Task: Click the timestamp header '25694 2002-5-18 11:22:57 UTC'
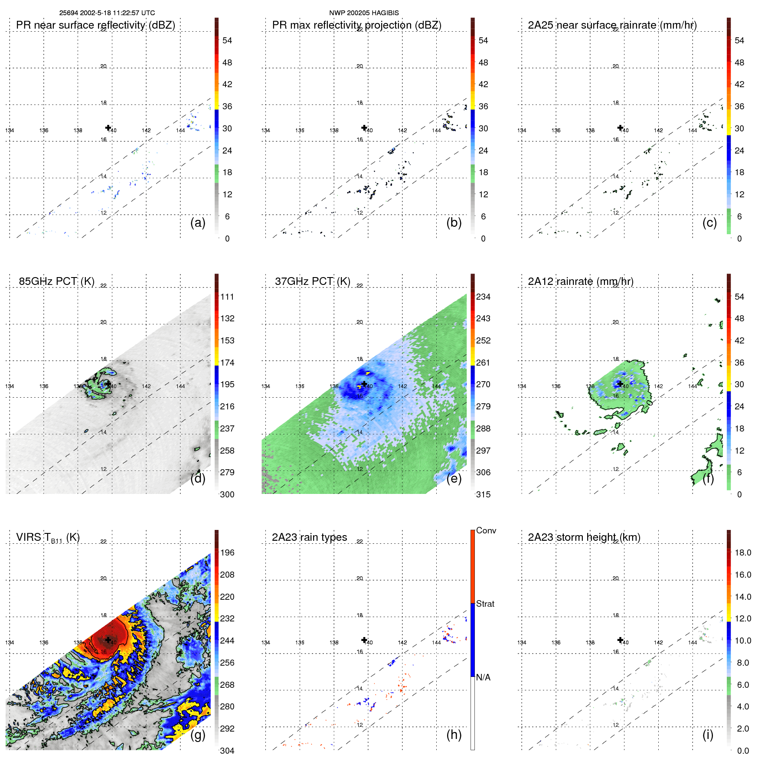point(107,13)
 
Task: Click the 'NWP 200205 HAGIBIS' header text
point(364,13)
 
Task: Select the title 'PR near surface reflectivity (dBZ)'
point(95,25)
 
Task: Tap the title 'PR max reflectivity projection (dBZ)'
point(356,25)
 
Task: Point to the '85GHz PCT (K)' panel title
point(56,281)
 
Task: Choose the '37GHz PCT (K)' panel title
point(312,281)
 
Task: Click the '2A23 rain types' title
point(309,537)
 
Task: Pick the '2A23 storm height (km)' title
point(584,537)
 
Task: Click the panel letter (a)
point(198,222)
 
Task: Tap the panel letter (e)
point(454,478)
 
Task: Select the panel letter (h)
point(454,735)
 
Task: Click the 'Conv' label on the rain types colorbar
point(486,530)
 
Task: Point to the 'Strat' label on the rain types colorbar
point(485,604)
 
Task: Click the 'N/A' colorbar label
point(483,677)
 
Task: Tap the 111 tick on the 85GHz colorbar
point(227,297)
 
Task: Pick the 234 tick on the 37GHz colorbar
point(483,297)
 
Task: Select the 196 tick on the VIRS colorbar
point(227,552)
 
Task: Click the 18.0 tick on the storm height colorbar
point(743,552)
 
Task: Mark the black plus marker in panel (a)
point(108,127)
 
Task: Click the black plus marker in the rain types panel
point(364,640)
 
